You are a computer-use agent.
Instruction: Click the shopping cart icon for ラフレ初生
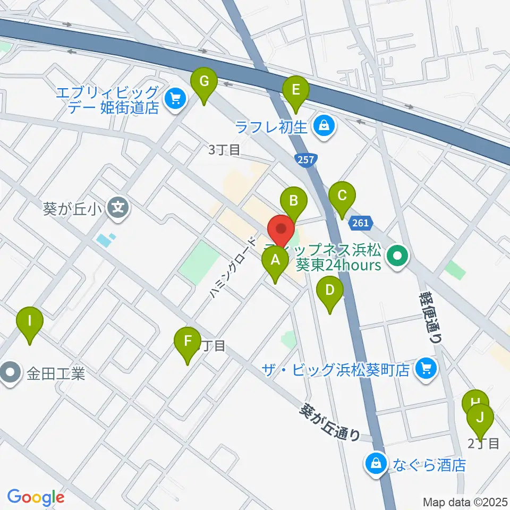click(323, 126)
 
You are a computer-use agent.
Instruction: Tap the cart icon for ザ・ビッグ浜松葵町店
click(426, 368)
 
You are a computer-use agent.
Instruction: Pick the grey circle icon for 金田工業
click(10, 375)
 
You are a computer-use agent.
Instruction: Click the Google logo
click(36, 497)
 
